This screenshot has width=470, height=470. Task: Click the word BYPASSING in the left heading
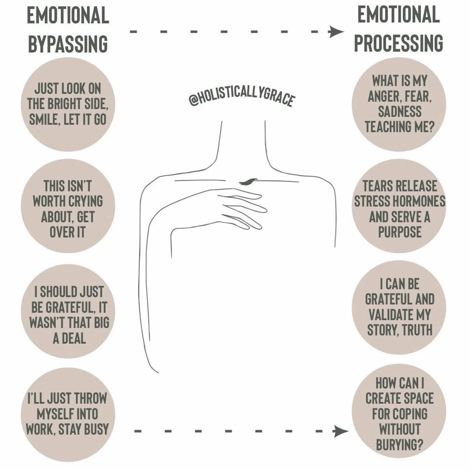point(68,44)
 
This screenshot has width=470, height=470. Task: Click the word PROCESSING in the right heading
point(398,43)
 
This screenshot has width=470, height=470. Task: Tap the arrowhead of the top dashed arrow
point(335,32)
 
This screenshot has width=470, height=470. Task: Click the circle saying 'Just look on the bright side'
point(68,104)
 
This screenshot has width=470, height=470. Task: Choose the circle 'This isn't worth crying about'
point(68,209)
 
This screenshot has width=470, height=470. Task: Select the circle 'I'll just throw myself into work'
point(68,414)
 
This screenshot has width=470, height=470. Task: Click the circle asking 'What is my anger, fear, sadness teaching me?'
point(399,104)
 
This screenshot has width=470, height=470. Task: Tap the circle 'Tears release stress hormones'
point(399,209)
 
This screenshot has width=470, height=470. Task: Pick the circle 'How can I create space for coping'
point(399,414)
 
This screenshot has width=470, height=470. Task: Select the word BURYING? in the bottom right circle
point(399,445)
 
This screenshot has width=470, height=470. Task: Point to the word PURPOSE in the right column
point(399,232)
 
